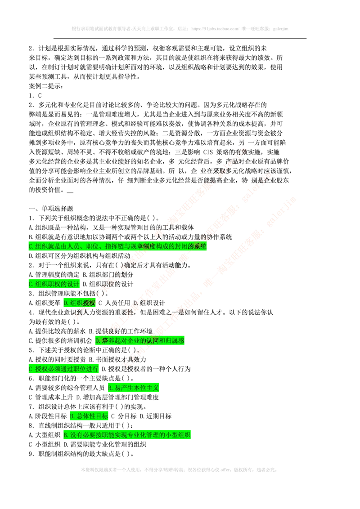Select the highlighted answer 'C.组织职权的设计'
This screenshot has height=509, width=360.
(54, 284)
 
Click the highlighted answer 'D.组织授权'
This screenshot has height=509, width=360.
(80, 304)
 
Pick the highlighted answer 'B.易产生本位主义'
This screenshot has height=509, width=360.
(134, 388)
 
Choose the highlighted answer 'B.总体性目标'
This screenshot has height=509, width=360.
(89, 416)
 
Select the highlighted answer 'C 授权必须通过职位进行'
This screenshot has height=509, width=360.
(63, 369)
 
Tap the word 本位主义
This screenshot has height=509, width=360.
(146, 388)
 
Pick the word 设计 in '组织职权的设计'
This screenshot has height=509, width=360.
(73, 284)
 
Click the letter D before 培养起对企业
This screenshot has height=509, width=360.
(97, 341)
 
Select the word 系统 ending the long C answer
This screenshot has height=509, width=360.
(200, 246)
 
